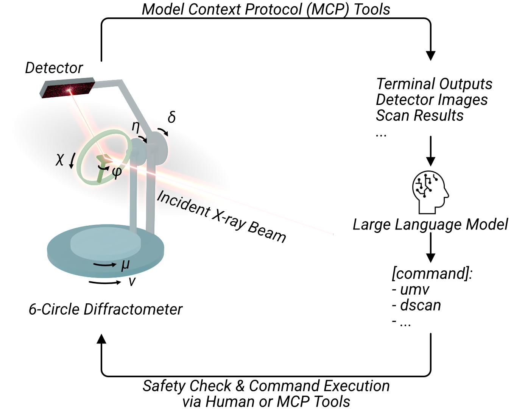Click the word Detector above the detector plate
click(x=54, y=68)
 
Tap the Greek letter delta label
click(x=171, y=117)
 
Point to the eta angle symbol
click(x=136, y=127)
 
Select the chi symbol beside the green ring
click(x=59, y=159)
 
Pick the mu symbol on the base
click(x=125, y=265)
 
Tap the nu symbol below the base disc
click(x=132, y=281)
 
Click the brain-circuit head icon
click(x=430, y=192)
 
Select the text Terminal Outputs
click(x=434, y=84)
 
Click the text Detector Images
click(x=432, y=100)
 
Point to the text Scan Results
click(x=419, y=116)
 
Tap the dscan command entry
click(x=416, y=305)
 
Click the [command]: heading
click(x=432, y=273)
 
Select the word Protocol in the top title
click(x=273, y=9)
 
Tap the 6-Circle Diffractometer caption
click(x=106, y=309)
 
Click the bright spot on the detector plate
click(x=69, y=90)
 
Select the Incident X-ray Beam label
click(x=221, y=217)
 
